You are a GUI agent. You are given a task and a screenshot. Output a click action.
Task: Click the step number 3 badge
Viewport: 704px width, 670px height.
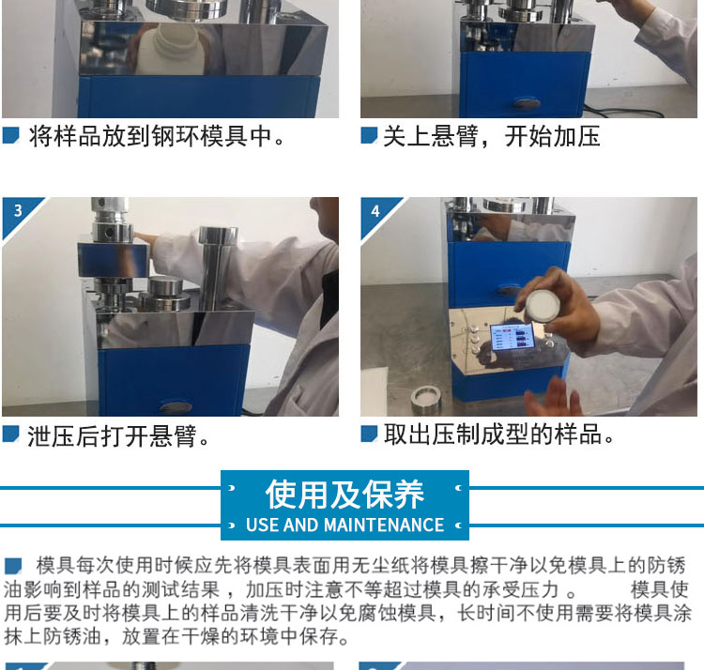[18, 210]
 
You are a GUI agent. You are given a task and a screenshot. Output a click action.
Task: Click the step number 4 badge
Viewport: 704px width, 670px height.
[375, 211]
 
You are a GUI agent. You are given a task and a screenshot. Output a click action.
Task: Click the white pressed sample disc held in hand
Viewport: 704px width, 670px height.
[543, 307]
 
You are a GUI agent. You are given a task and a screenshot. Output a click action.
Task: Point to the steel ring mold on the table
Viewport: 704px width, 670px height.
[426, 398]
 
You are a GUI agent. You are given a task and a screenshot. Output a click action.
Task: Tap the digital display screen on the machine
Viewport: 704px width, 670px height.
[513, 338]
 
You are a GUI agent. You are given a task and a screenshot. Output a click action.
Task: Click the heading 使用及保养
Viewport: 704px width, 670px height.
[344, 495]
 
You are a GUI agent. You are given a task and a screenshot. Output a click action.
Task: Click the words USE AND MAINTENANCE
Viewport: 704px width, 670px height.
[344, 525]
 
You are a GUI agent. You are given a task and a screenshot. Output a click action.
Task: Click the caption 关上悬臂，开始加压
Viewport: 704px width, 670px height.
[492, 136]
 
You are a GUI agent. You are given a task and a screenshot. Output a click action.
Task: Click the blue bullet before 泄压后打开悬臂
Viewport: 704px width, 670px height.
[10, 434]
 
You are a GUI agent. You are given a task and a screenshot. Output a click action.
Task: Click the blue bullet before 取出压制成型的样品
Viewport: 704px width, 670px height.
[369, 434]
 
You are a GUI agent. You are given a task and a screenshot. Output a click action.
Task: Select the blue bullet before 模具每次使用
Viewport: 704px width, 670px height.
[13, 566]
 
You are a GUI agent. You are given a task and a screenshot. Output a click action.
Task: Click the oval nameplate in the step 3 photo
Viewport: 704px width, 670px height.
[176, 407]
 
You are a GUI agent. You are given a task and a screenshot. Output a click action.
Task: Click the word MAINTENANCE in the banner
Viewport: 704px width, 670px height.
[384, 525]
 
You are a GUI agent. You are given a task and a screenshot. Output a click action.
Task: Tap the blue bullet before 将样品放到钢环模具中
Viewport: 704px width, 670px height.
[10, 134]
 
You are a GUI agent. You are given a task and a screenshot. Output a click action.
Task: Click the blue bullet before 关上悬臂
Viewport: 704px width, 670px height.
[369, 134]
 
